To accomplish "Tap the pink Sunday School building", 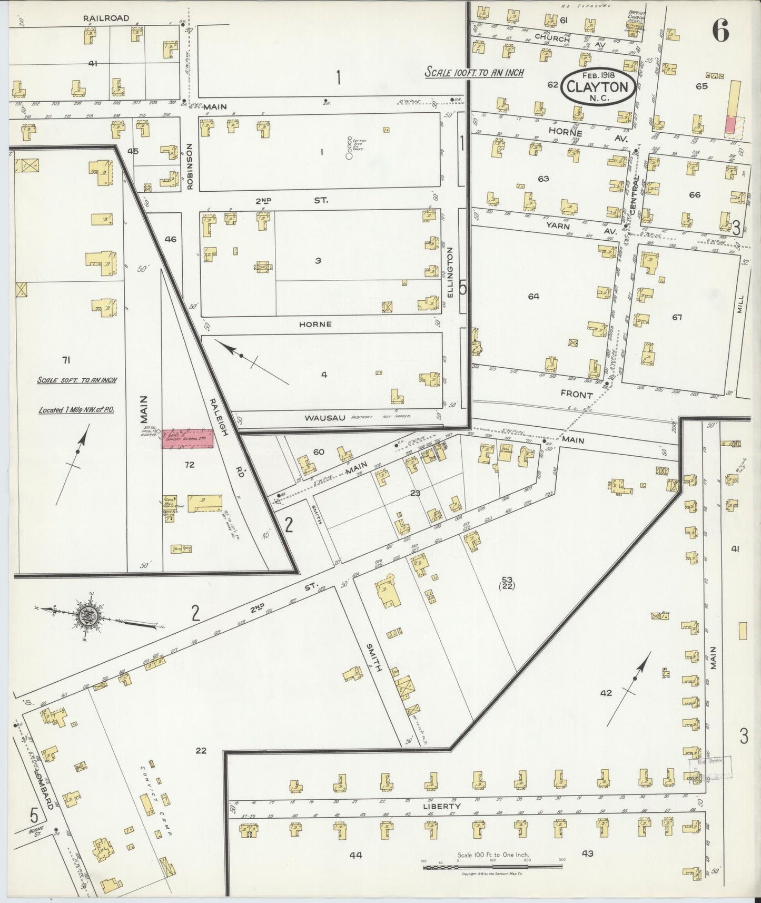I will [x=187, y=438].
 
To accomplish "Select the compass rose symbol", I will [x=89, y=614].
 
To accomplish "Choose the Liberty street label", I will [x=448, y=806].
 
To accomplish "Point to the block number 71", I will [x=66, y=360].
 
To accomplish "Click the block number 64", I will [x=533, y=297].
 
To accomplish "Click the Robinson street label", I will [x=190, y=166].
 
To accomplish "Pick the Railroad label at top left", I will [x=106, y=18].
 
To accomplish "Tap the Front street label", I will [x=577, y=395].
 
